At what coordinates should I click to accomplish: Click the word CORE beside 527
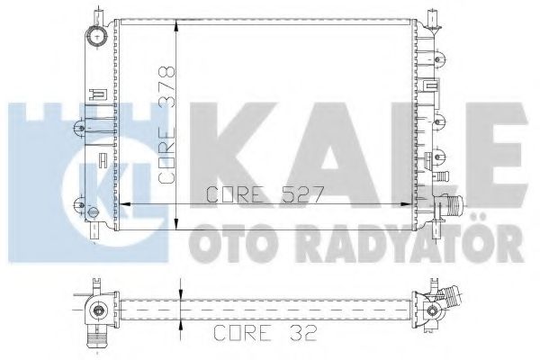pos(236,193)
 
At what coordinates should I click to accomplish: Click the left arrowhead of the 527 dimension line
pos(126,205)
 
